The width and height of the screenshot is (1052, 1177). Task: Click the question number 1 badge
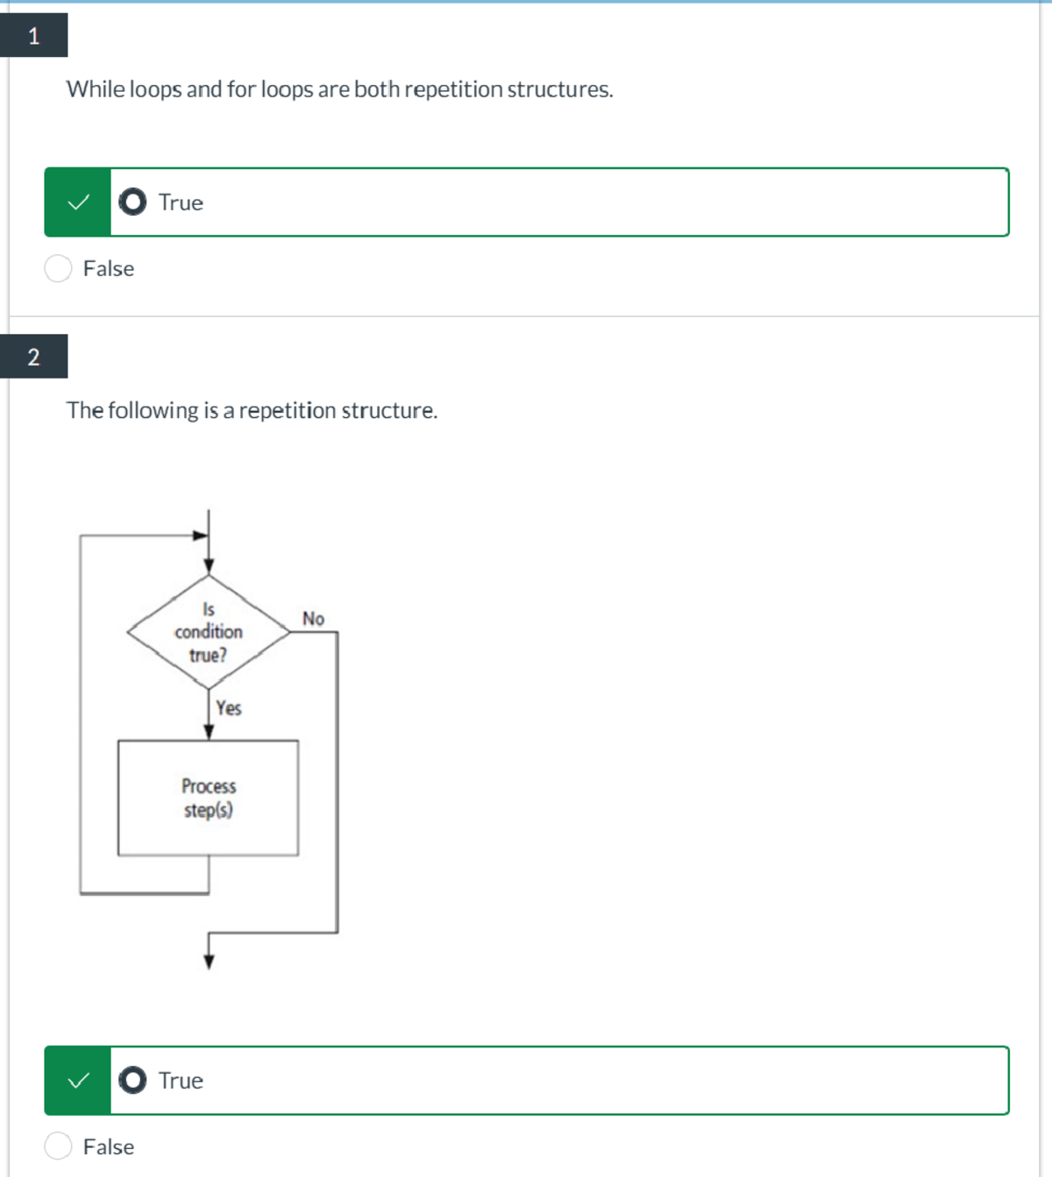33,35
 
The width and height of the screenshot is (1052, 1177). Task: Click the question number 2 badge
33,356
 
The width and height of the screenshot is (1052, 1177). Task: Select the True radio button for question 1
132,202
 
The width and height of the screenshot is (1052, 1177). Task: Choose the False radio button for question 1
58,268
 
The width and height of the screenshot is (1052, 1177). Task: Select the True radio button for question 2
132,1080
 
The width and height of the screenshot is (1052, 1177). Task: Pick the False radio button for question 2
58,1146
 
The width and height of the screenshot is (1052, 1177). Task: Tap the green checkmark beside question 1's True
78,202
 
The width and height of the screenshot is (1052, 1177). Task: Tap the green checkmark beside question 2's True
78,1081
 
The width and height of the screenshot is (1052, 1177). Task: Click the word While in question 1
96,89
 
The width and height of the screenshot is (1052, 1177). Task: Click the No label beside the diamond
313,618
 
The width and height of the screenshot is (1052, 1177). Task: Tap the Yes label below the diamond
229,707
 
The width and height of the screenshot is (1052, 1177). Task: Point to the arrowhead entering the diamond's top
209,566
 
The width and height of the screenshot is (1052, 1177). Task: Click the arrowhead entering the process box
209,732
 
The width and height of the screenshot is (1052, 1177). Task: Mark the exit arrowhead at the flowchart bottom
209,962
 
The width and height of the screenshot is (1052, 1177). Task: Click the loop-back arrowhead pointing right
201,535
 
